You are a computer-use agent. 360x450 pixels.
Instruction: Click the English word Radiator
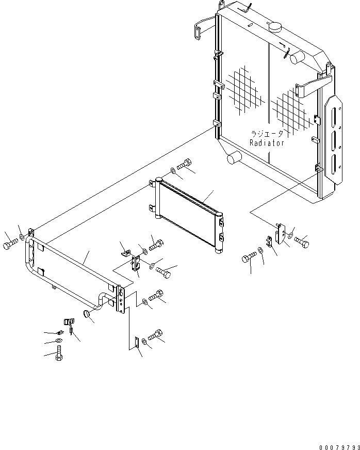point(267,143)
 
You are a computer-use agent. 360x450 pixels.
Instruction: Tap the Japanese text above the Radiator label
point(267,134)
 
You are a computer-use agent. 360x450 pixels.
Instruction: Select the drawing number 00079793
point(340,447)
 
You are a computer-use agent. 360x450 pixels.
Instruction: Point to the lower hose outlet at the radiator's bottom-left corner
point(234,158)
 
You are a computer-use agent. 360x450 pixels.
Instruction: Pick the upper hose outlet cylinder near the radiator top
point(297,57)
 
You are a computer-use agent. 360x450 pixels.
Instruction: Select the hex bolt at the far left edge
point(10,245)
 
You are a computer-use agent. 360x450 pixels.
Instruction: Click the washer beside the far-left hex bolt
point(22,237)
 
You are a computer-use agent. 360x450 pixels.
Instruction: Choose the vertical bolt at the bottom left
point(59,353)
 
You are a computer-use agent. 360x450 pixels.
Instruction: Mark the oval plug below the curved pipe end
point(87,314)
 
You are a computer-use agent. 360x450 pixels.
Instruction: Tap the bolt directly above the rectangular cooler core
point(184,165)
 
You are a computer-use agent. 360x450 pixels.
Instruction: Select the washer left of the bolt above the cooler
point(173,171)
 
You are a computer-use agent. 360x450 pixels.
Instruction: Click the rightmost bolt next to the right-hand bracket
point(302,242)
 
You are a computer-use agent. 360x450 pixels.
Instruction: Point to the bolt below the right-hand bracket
point(250,257)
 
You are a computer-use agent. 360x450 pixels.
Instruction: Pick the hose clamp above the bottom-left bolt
point(69,323)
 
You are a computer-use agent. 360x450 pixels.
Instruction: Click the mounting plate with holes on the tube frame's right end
point(121,299)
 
